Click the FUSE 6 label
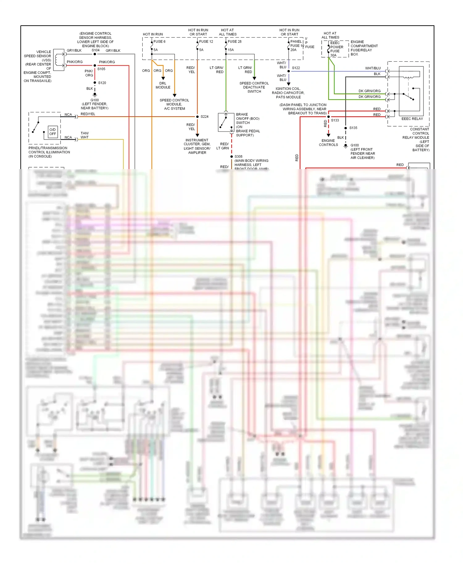159,42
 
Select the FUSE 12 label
206,42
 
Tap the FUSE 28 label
235,42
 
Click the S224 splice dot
198,117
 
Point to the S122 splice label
296,68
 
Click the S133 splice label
335,120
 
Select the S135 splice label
353,128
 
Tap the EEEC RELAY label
412,119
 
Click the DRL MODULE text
163,85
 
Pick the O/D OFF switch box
53,132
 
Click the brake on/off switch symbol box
226,122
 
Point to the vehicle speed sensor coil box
59,60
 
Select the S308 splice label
238,156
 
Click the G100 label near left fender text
94,100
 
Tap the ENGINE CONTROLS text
328,143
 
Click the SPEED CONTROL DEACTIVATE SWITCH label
254,87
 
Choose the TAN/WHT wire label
85,135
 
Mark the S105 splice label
101,69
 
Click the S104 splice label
95,50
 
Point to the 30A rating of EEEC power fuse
333,56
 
